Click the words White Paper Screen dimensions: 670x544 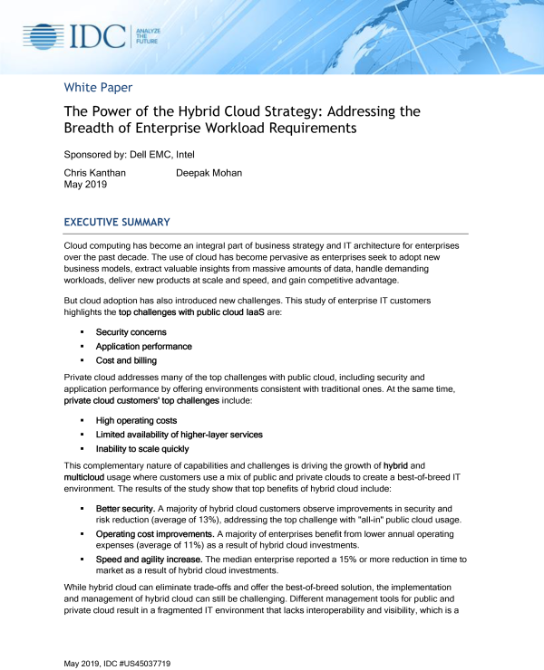pos(98,88)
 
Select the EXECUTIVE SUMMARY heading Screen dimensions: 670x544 pos(117,223)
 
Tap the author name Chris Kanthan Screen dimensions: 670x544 pos(94,173)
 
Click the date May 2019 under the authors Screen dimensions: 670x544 pos(85,185)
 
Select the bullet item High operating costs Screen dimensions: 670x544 pos(136,421)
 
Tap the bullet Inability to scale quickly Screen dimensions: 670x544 pos(142,448)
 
